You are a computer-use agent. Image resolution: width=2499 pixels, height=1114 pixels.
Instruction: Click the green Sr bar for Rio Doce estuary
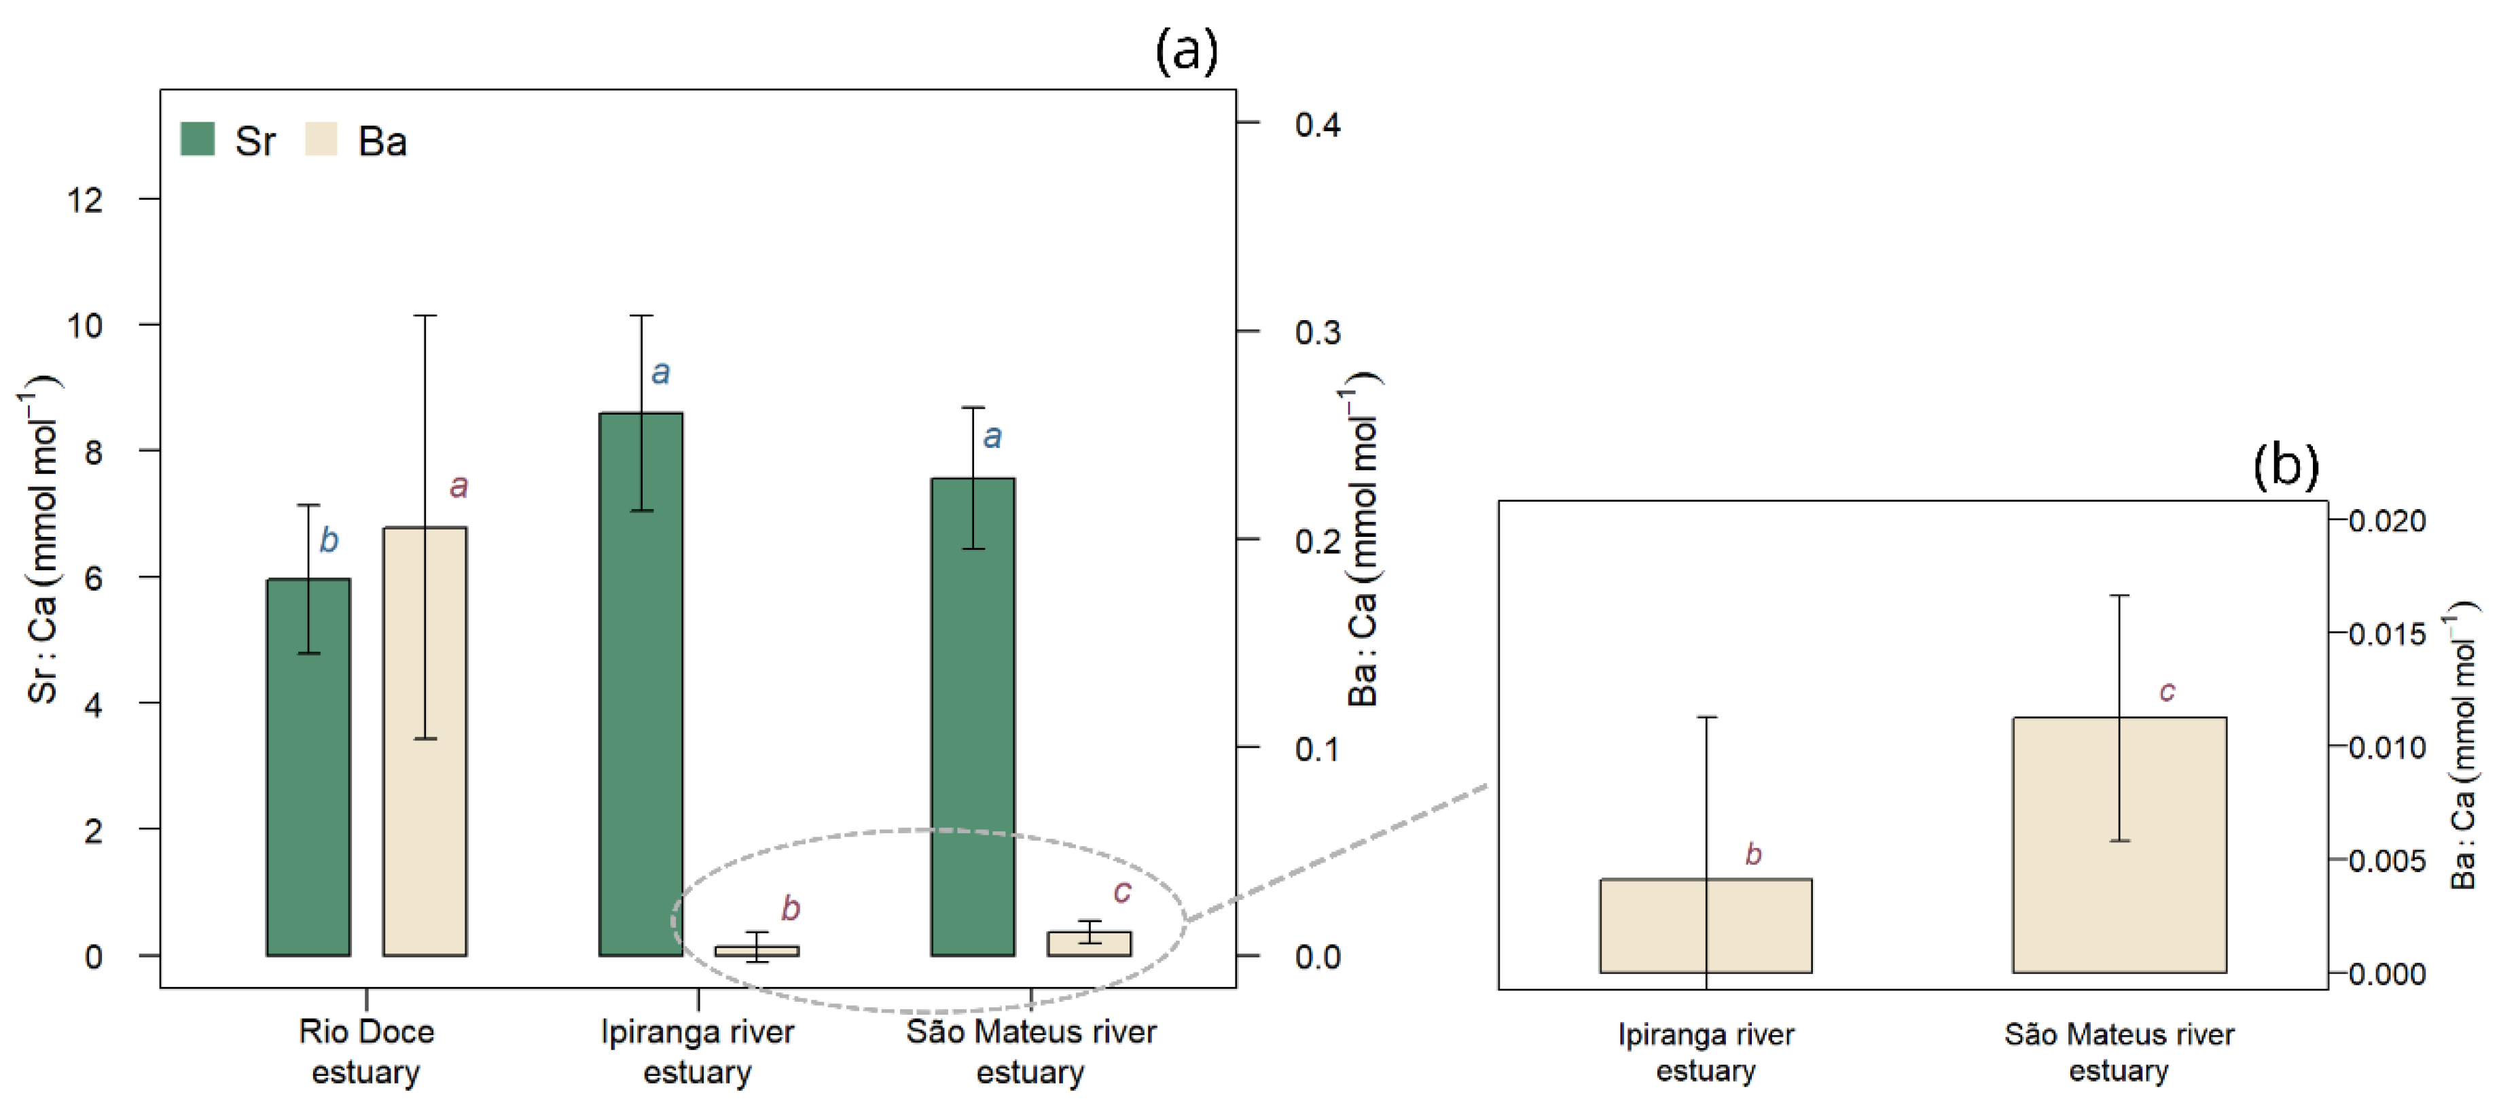click(308, 796)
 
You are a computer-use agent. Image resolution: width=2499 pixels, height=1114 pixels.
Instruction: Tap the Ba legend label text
click(382, 141)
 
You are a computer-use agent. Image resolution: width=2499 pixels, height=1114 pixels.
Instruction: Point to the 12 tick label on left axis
click(84, 200)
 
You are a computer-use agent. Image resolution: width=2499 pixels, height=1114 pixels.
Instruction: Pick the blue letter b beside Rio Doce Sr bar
click(329, 540)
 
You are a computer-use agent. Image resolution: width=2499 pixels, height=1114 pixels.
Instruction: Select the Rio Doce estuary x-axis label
click(365, 1051)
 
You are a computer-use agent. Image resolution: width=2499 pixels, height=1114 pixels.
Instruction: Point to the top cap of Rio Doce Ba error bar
click(425, 315)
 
